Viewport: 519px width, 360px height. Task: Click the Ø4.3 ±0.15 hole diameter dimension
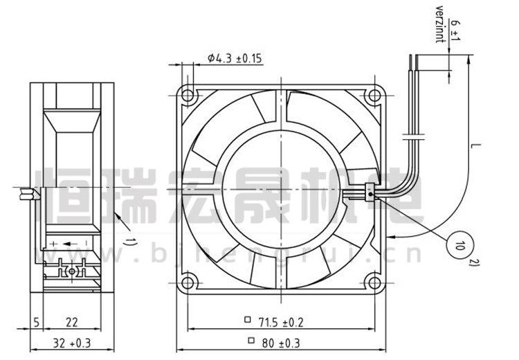(235, 58)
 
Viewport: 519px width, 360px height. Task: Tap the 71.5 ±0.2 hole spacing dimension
(281, 322)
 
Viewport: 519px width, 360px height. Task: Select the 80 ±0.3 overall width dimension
(281, 343)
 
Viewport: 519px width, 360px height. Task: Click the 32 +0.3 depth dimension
(72, 343)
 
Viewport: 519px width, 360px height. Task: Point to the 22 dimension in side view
(72, 322)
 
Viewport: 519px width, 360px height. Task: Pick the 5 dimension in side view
(37, 322)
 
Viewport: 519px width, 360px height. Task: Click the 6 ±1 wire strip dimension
(456, 30)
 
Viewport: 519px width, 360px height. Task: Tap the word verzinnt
(439, 24)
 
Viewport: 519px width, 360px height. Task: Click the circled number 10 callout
(459, 245)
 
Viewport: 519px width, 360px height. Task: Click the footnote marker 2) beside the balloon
(475, 262)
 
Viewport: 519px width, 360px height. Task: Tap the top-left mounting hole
(188, 96)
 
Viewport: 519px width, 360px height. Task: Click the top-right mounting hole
(374, 96)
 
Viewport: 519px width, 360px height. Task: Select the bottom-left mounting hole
(188, 283)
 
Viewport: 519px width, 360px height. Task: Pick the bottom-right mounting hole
(374, 283)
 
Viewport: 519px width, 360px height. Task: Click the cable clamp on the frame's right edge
(370, 192)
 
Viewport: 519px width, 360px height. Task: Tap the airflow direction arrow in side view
(71, 244)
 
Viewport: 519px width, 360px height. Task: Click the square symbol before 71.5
(248, 320)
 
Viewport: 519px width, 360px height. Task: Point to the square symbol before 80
(251, 340)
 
